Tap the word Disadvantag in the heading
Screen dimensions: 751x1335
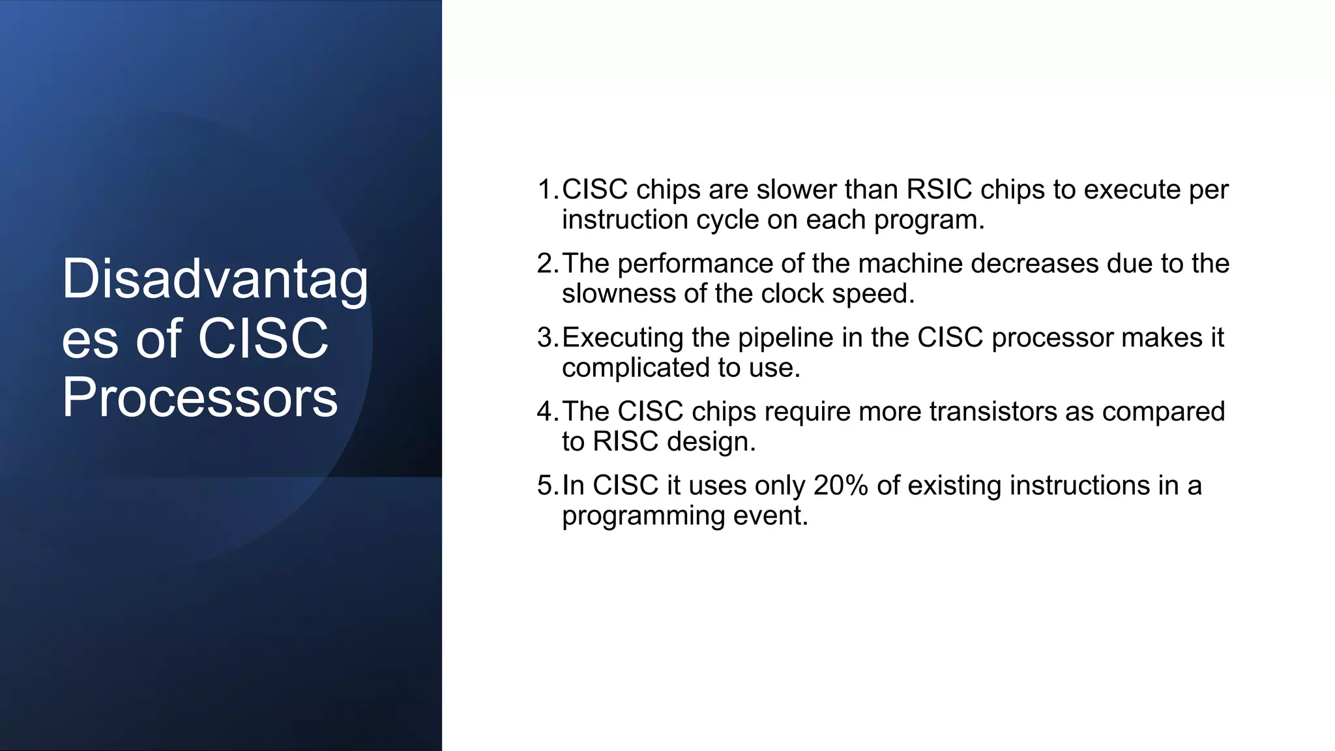click(x=215, y=279)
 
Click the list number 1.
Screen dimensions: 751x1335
click(x=546, y=190)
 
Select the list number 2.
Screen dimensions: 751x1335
click(x=546, y=263)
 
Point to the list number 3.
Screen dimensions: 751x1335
click(x=546, y=338)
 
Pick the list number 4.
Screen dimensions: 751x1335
click(x=546, y=411)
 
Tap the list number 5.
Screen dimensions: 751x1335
click(x=546, y=486)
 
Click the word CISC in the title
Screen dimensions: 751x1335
click(x=263, y=338)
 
